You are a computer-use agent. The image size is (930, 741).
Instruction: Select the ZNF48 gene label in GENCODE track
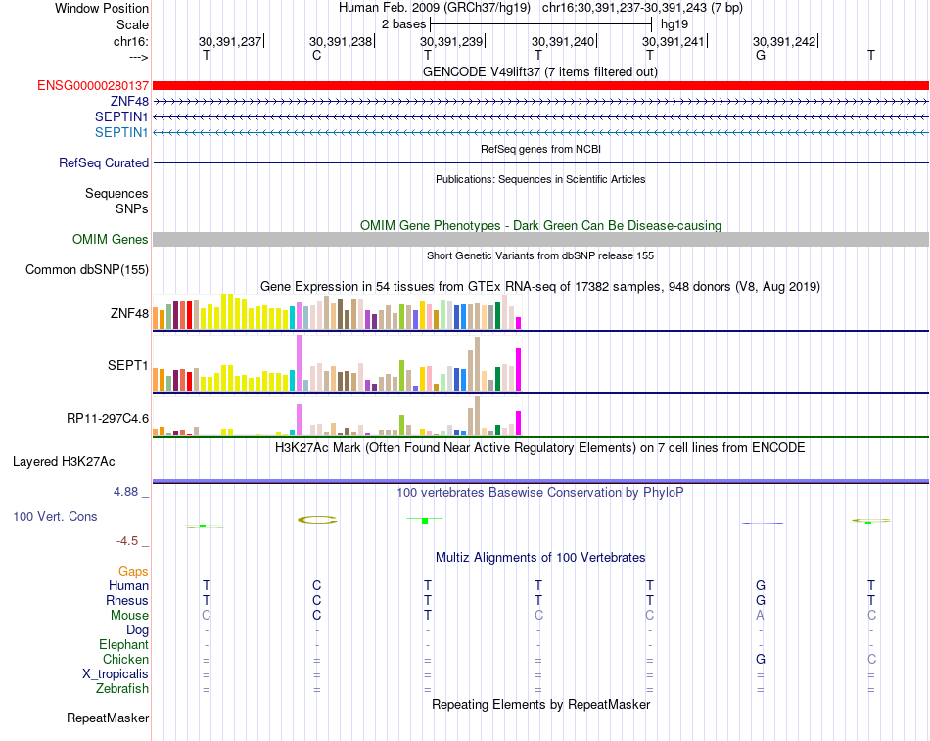(129, 102)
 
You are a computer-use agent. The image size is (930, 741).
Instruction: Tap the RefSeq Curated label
(104, 163)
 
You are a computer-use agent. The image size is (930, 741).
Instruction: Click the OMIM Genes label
(111, 240)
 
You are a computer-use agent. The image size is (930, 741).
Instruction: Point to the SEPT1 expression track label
(128, 366)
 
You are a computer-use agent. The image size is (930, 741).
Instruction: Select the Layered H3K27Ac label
(80, 461)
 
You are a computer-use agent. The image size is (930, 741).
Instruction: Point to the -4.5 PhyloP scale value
(131, 540)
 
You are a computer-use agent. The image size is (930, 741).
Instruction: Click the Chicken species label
(126, 660)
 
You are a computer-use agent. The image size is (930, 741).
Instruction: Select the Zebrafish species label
(123, 689)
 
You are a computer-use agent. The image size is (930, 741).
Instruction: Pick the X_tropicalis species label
(116, 674)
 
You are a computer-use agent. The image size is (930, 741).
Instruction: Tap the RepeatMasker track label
(108, 718)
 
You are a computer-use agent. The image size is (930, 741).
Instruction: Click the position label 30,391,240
(563, 41)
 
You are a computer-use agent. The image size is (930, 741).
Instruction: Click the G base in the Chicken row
(761, 660)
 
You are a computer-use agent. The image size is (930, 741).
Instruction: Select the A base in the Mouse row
(761, 616)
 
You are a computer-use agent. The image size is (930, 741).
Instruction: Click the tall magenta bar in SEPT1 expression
(518, 369)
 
